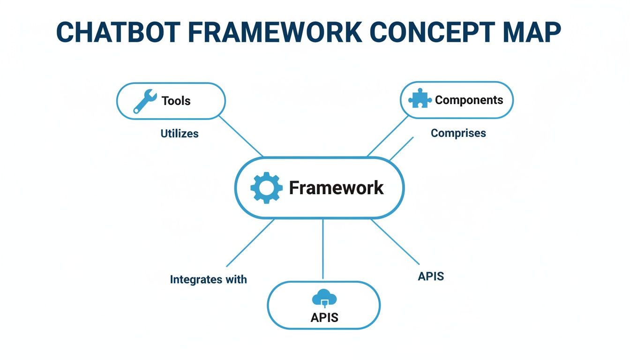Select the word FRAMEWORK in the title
(267, 33)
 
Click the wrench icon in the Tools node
(144, 101)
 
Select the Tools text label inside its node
(176, 101)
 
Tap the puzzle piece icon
(420, 99)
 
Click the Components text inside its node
(469, 100)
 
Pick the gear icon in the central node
(266, 187)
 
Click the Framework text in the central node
(336, 187)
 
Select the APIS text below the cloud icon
(324, 318)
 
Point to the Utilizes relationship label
(180, 134)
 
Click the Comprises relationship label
(458, 133)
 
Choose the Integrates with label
(208, 280)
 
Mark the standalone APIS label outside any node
(430, 277)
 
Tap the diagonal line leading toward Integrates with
(250, 243)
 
